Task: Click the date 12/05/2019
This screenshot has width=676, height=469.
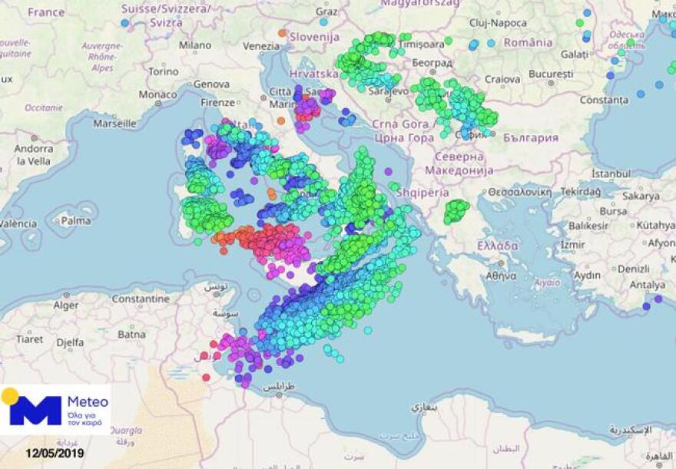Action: (x=54, y=454)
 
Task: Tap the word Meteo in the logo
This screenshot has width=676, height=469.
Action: (x=88, y=401)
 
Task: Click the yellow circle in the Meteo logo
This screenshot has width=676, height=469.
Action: (x=10, y=396)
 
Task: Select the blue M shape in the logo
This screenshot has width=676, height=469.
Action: (x=35, y=411)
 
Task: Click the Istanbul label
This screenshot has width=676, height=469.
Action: (x=611, y=175)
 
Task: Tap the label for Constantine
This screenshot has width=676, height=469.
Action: (x=141, y=299)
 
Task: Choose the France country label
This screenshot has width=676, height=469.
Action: (x=46, y=12)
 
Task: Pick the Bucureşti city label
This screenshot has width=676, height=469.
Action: (x=550, y=74)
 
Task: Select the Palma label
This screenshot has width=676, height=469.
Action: (x=76, y=221)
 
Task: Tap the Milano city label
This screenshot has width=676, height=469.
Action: (x=194, y=45)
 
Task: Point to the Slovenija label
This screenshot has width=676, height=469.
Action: (x=313, y=36)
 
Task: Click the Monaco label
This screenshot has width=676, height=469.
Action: (x=157, y=94)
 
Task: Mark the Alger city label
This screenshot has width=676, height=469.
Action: (x=65, y=305)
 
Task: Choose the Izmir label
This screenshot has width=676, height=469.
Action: (x=572, y=244)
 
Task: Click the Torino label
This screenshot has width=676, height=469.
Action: (x=163, y=71)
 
